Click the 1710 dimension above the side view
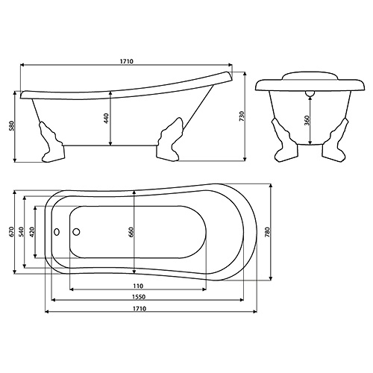pos(127,61)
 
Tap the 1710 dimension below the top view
pos(139,309)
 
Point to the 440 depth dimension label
pos(106,119)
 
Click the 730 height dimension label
pos(242,116)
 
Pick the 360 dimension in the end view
pos(307,121)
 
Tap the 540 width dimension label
pos(22,232)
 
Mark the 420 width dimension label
pos(31,232)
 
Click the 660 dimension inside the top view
pos(131,232)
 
